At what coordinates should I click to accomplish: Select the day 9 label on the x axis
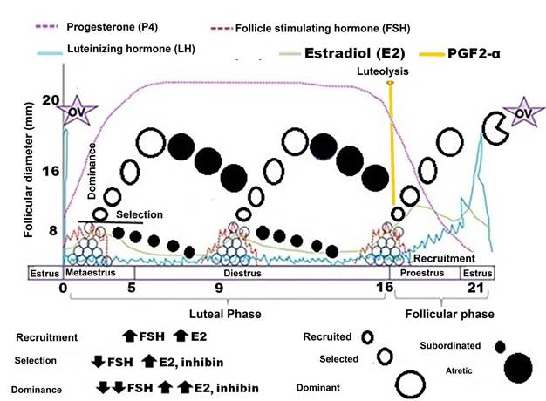220,288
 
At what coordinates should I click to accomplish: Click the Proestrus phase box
422,272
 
